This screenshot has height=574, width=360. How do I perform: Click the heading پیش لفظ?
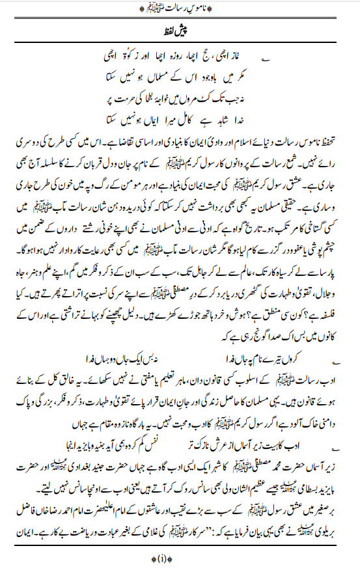point(180,30)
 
